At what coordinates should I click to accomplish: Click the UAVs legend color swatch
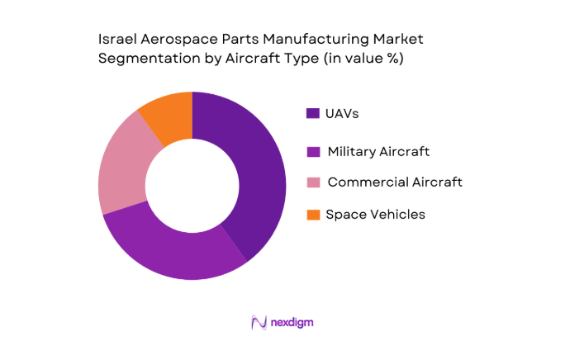click(313, 113)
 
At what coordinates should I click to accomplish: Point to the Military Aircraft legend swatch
click(313, 151)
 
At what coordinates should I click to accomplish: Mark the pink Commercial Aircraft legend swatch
click(313, 182)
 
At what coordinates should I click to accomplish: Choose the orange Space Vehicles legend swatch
click(313, 215)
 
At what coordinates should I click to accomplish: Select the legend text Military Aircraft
click(378, 151)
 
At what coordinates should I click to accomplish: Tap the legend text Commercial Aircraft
click(394, 182)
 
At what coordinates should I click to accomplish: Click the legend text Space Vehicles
click(375, 215)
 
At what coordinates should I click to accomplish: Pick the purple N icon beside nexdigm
click(258, 322)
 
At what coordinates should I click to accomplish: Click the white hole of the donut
click(192, 186)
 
